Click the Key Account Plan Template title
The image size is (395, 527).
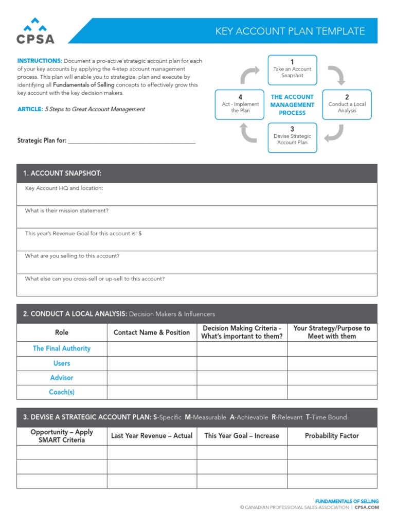[290, 31]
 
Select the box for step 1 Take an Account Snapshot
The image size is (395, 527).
[292, 70]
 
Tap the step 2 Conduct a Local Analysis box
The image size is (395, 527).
[347, 104]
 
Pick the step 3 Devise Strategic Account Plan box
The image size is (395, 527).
[292, 137]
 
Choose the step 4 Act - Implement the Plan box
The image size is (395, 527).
[240, 104]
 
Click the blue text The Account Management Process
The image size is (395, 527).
[292, 104]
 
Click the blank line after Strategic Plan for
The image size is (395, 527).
[132, 140]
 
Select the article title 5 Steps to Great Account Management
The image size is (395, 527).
[95, 109]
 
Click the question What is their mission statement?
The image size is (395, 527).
[67, 210]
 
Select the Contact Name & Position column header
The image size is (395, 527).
[152, 332]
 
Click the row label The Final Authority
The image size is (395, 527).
[62, 348]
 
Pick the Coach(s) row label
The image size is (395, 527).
[62, 392]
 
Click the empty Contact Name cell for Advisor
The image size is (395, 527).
[152, 378]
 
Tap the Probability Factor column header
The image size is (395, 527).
[332, 436]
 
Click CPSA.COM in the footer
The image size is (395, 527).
[367, 507]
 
